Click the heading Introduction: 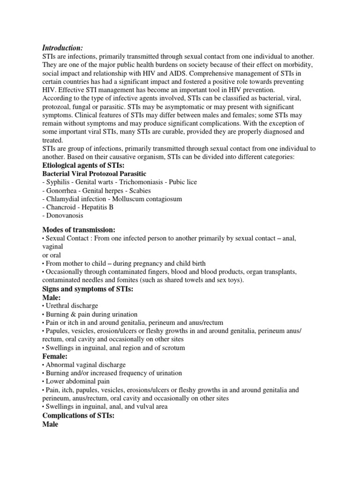62,48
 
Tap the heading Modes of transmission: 79,230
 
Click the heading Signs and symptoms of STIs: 88,289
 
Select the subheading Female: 55,356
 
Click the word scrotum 173,348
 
